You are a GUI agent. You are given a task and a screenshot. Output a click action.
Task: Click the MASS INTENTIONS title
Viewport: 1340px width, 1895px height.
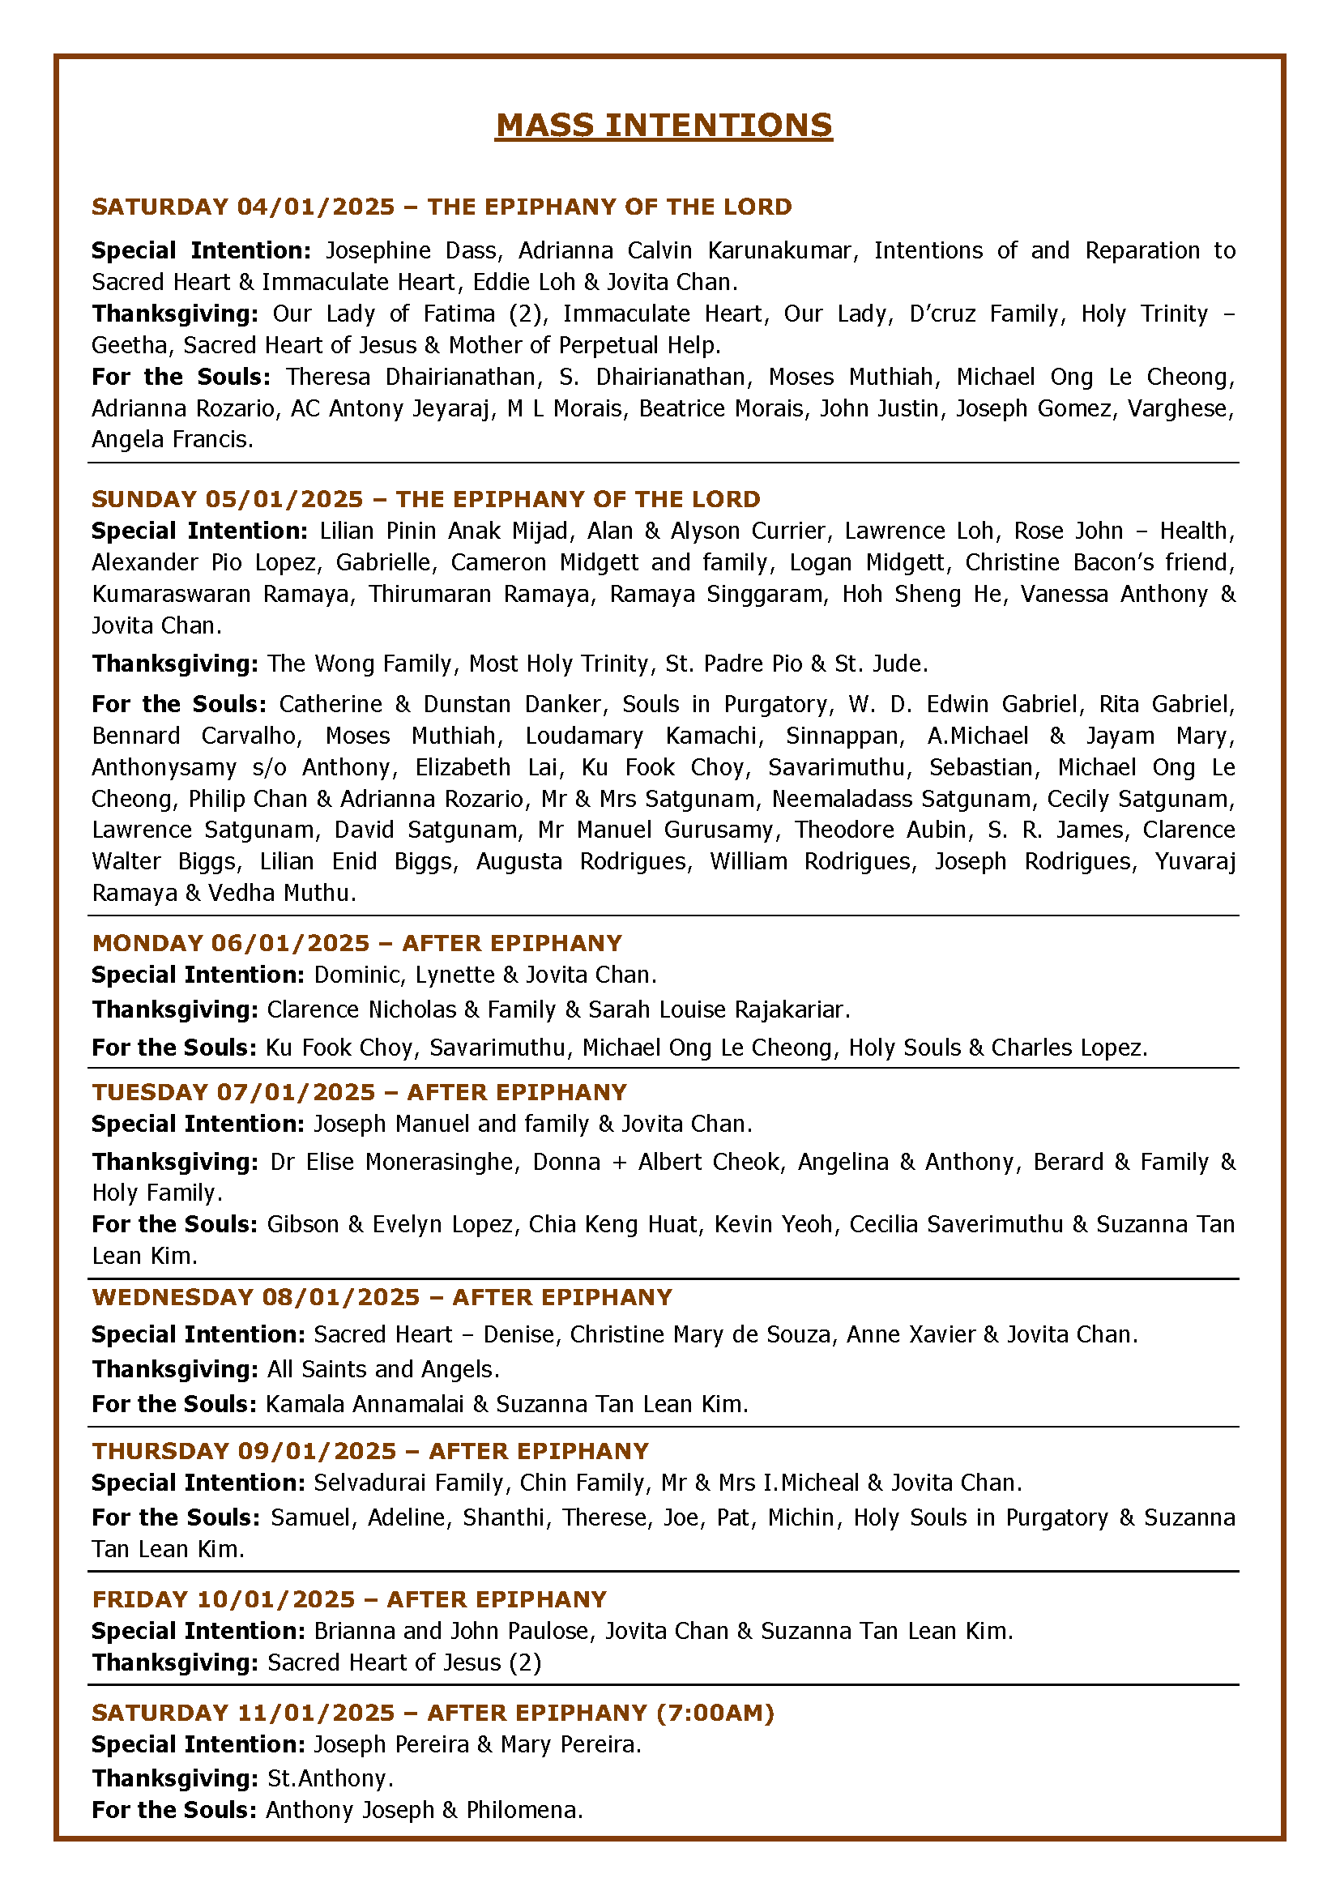click(664, 126)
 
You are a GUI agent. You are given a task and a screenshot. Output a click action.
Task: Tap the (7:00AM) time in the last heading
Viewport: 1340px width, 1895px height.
click(715, 1713)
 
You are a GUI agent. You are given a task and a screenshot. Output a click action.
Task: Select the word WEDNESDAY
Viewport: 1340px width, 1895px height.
click(173, 1296)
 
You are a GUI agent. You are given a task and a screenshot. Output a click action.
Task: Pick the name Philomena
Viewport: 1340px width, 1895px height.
click(524, 1810)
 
